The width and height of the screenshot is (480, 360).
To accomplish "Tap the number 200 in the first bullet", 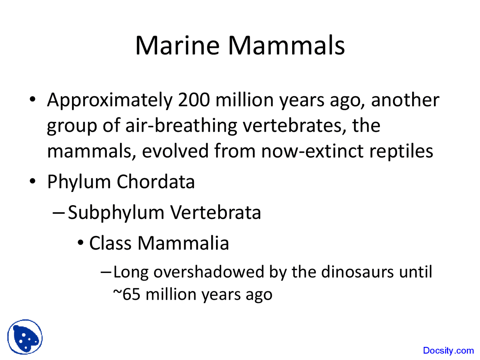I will [194, 100].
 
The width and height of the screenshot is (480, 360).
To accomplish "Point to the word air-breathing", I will [181, 126].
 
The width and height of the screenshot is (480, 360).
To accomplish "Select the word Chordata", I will [156, 182].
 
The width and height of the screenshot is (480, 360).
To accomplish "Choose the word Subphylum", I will [116, 213].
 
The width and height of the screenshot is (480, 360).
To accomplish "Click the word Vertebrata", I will [216, 212].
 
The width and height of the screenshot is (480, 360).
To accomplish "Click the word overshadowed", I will [208, 272].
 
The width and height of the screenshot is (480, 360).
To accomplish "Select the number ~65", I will [127, 294].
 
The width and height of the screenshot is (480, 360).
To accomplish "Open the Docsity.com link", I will [448, 351].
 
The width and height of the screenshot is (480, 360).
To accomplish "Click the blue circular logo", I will [25, 337].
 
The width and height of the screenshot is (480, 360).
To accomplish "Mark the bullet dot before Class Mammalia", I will [81, 243].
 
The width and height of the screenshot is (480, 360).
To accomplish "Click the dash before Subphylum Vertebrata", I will [58, 213].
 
